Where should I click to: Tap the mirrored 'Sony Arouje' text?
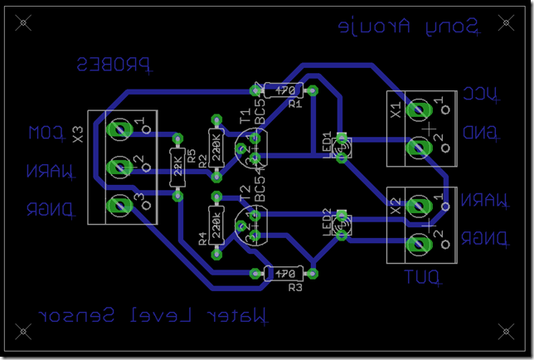pyautogui.click(x=409, y=27)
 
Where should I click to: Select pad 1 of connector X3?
pyautogui.click(x=119, y=129)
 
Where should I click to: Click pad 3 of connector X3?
pyautogui.click(x=119, y=203)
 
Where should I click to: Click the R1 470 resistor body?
pyautogui.click(x=284, y=90)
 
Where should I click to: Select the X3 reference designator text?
pyautogui.click(x=77, y=134)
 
